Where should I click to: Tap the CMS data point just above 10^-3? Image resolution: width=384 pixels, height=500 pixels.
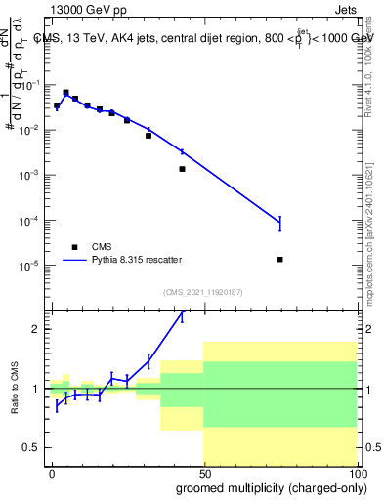pyautogui.click(x=182, y=169)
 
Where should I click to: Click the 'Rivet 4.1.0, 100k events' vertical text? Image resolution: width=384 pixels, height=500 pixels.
pyautogui.click(x=368, y=63)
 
